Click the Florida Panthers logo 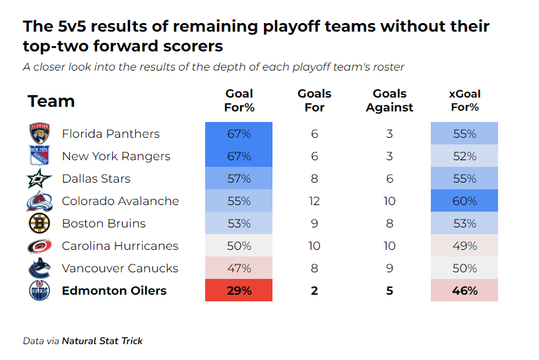(x=39, y=134)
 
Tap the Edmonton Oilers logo (x=39, y=291)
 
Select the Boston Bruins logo (x=39, y=224)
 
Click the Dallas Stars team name (x=96, y=179)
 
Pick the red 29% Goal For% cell (x=238, y=291)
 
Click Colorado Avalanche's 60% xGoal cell (x=464, y=201)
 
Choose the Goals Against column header (x=389, y=101)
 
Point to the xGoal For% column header (x=464, y=101)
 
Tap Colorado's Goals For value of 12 (x=314, y=201)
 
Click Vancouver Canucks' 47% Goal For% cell (x=238, y=268)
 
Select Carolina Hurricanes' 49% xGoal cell (x=464, y=246)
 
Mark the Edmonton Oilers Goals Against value (x=389, y=291)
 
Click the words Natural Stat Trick (x=102, y=341)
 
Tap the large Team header (x=51, y=102)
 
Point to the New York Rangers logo (x=39, y=156)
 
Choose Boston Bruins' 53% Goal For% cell (x=238, y=224)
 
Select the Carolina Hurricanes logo (x=39, y=246)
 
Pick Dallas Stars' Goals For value (x=314, y=179)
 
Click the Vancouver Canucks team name (x=119, y=268)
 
